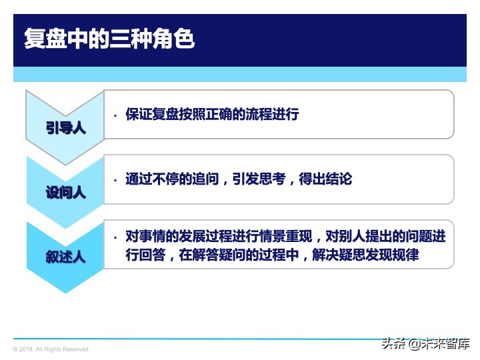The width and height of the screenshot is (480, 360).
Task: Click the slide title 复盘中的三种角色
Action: coord(109,38)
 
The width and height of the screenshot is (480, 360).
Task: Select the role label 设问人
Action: coord(66,193)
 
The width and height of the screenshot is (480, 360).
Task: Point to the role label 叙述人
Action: coord(66,257)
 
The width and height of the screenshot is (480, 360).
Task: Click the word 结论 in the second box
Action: coord(339,179)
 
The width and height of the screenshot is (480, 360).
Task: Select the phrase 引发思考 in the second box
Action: coord(259,179)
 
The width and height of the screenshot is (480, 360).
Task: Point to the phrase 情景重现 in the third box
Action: coord(285,237)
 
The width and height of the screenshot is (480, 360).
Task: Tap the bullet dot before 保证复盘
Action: coord(115,115)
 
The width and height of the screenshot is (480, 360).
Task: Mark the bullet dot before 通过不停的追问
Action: coord(115,179)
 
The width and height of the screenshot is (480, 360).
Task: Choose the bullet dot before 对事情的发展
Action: coord(115,237)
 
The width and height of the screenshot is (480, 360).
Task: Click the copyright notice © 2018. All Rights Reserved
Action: coord(51,349)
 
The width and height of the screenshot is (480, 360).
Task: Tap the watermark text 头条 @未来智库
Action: coord(425,344)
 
